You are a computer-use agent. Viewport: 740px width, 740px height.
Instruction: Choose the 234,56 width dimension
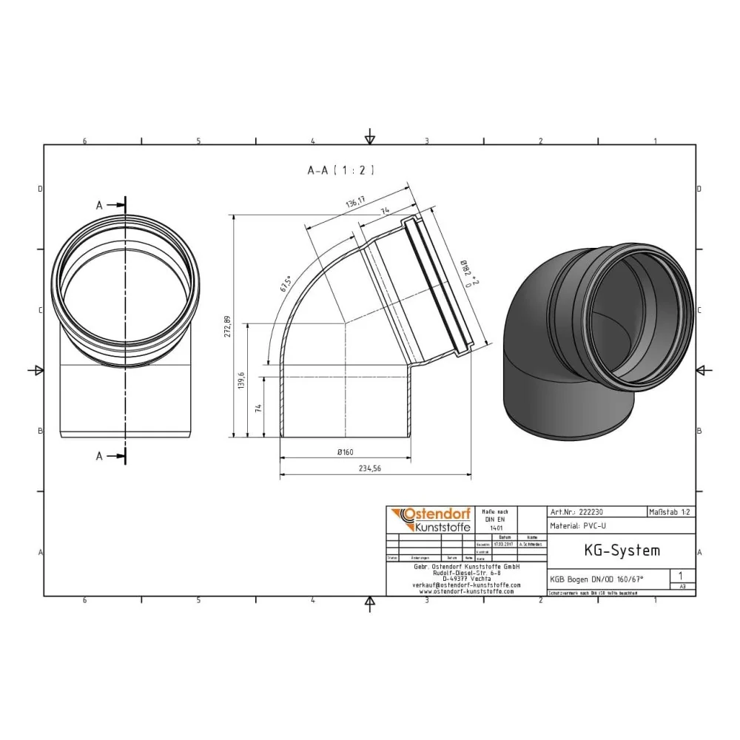pyautogui.click(x=375, y=468)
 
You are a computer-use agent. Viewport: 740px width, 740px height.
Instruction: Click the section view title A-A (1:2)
pyautogui.click(x=341, y=170)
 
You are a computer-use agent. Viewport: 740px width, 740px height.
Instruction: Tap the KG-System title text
pyautogui.click(x=611, y=551)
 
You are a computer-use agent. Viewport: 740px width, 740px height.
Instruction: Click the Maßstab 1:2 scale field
pyautogui.click(x=670, y=511)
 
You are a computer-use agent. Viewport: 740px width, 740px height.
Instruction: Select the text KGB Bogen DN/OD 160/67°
pyautogui.click(x=596, y=579)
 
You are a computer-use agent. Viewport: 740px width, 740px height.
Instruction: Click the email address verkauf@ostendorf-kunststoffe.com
pyautogui.click(x=465, y=585)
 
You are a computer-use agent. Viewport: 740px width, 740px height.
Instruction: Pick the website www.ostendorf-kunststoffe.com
pyautogui.click(x=465, y=591)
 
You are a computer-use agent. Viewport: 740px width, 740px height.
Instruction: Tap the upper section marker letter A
pyautogui.click(x=98, y=206)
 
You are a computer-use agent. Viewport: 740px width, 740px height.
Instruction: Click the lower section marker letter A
pyautogui.click(x=98, y=457)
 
